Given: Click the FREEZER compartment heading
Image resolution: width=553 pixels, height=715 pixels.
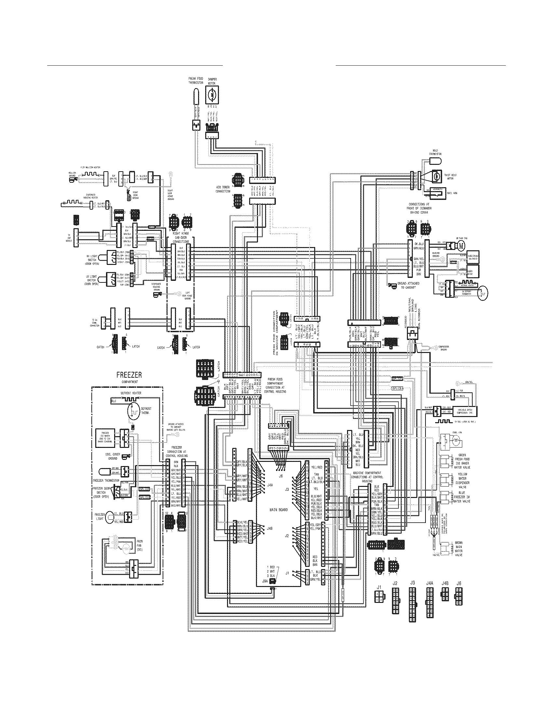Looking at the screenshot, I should click(129, 375).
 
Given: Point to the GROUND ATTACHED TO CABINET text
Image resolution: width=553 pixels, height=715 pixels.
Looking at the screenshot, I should click(406, 285).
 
